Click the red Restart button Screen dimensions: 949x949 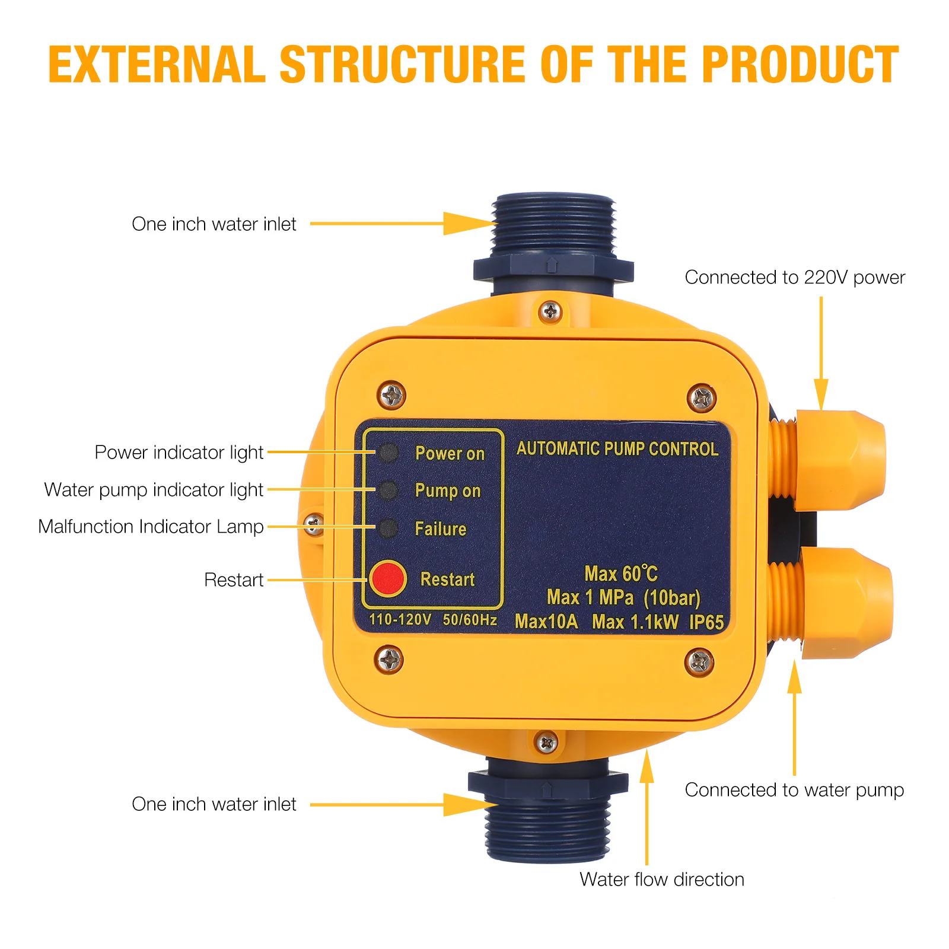387,578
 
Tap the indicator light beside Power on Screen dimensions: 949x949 388,453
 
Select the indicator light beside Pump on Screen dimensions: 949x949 388,490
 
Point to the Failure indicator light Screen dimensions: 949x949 388,528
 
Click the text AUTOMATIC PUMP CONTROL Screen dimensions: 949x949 617,449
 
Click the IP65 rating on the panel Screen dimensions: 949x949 706,622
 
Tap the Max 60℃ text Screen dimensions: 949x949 620,574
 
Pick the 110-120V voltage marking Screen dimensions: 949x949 400,620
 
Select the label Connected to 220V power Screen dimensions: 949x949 795,278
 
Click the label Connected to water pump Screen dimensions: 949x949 794,790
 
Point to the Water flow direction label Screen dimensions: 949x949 662,879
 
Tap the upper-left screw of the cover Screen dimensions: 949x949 391,395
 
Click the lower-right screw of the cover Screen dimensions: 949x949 699,661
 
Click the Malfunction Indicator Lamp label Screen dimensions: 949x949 151,527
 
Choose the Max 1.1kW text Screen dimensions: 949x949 635,622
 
